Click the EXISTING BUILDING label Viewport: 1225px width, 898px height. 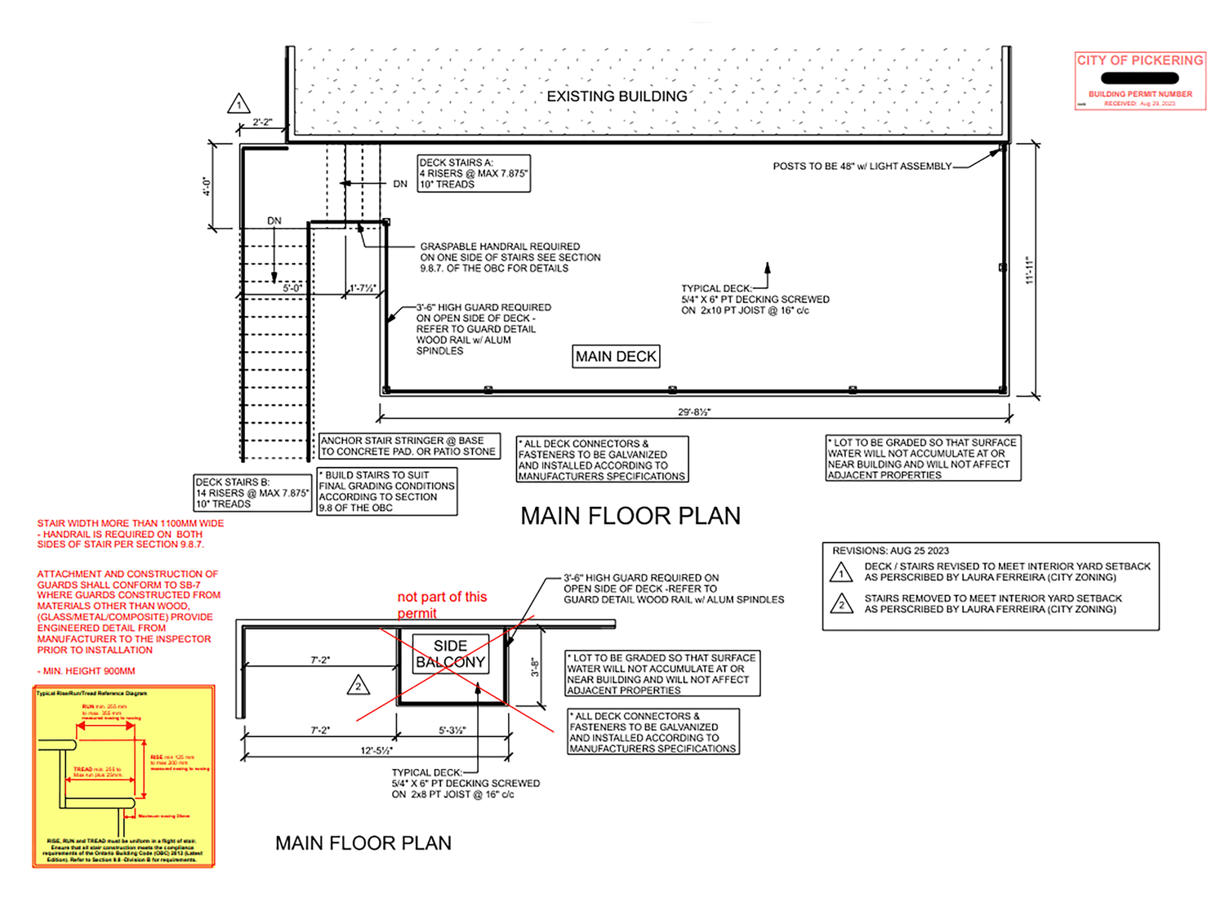[x=617, y=96]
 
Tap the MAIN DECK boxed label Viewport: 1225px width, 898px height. [x=616, y=357]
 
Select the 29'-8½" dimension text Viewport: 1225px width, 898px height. [x=693, y=411]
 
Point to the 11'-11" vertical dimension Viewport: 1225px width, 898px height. [x=1029, y=269]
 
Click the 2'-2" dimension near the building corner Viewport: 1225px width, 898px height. [x=262, y=122]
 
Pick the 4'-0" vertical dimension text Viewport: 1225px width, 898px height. [x=207, y=186]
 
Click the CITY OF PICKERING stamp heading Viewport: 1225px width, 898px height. [x=1139, y=60]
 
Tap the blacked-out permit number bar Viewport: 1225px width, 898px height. [x=1139, y=78]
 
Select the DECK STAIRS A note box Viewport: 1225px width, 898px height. [x=474, y=173]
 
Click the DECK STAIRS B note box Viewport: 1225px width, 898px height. [x=252, y=493]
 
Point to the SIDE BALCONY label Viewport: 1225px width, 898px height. [x=450, y=654]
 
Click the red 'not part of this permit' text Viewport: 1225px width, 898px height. [x=441, y=605]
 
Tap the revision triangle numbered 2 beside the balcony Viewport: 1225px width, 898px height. [x=358, y=686]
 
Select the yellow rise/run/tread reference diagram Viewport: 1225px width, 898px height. [x=123, y=776]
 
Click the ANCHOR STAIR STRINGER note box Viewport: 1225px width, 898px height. [x=408, y=446]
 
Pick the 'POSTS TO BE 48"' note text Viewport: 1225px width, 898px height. [x=862, y=167]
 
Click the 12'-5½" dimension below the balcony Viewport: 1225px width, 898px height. [x=376, y=750]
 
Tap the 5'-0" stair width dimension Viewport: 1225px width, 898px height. [x=292, y=288]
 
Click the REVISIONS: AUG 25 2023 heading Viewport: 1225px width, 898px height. [x=890, y=551]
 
